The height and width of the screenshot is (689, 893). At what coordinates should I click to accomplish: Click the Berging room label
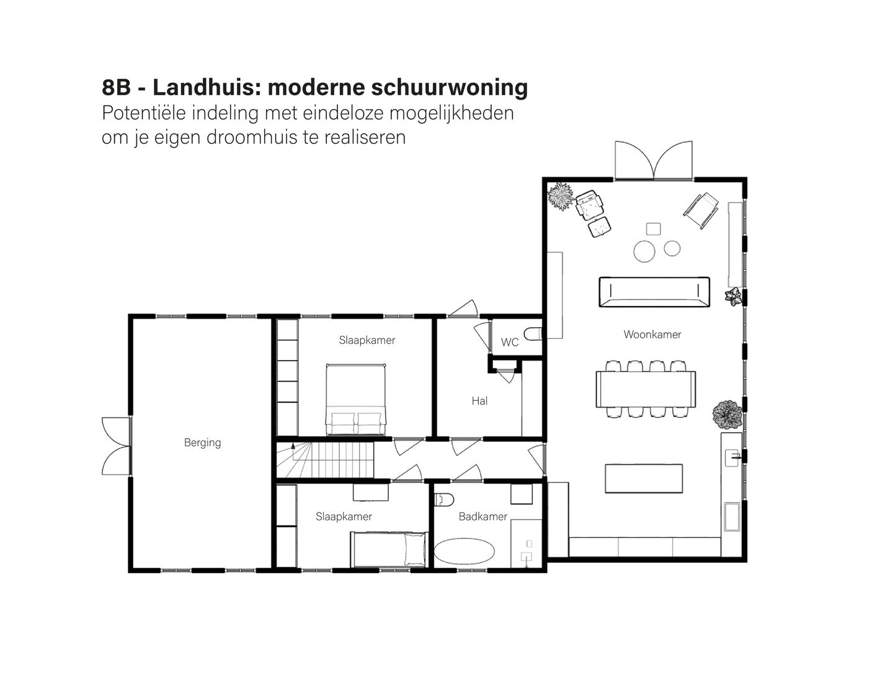(202, 442)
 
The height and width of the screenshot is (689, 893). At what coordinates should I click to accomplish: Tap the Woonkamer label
(652, 335)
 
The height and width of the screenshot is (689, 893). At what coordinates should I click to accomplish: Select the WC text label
(510, 342)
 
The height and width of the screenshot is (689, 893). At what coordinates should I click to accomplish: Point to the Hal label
(479, 401)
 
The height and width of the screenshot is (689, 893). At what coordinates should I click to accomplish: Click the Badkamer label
(482, 516)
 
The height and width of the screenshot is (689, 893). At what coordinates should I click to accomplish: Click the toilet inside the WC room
(533, 335)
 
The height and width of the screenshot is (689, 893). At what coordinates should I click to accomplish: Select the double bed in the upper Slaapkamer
(356, 400)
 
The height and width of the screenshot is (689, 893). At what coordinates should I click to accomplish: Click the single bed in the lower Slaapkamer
(389, 548)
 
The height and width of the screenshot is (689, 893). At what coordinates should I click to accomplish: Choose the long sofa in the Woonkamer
(654, 292)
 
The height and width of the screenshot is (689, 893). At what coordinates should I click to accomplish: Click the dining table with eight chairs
(646, 389)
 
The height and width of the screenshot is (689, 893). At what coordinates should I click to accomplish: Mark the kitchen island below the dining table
(643, 478)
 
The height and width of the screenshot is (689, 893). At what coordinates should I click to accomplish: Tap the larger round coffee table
(645, 251)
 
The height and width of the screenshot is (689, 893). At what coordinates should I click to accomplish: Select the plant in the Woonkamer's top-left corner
(561, 196)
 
